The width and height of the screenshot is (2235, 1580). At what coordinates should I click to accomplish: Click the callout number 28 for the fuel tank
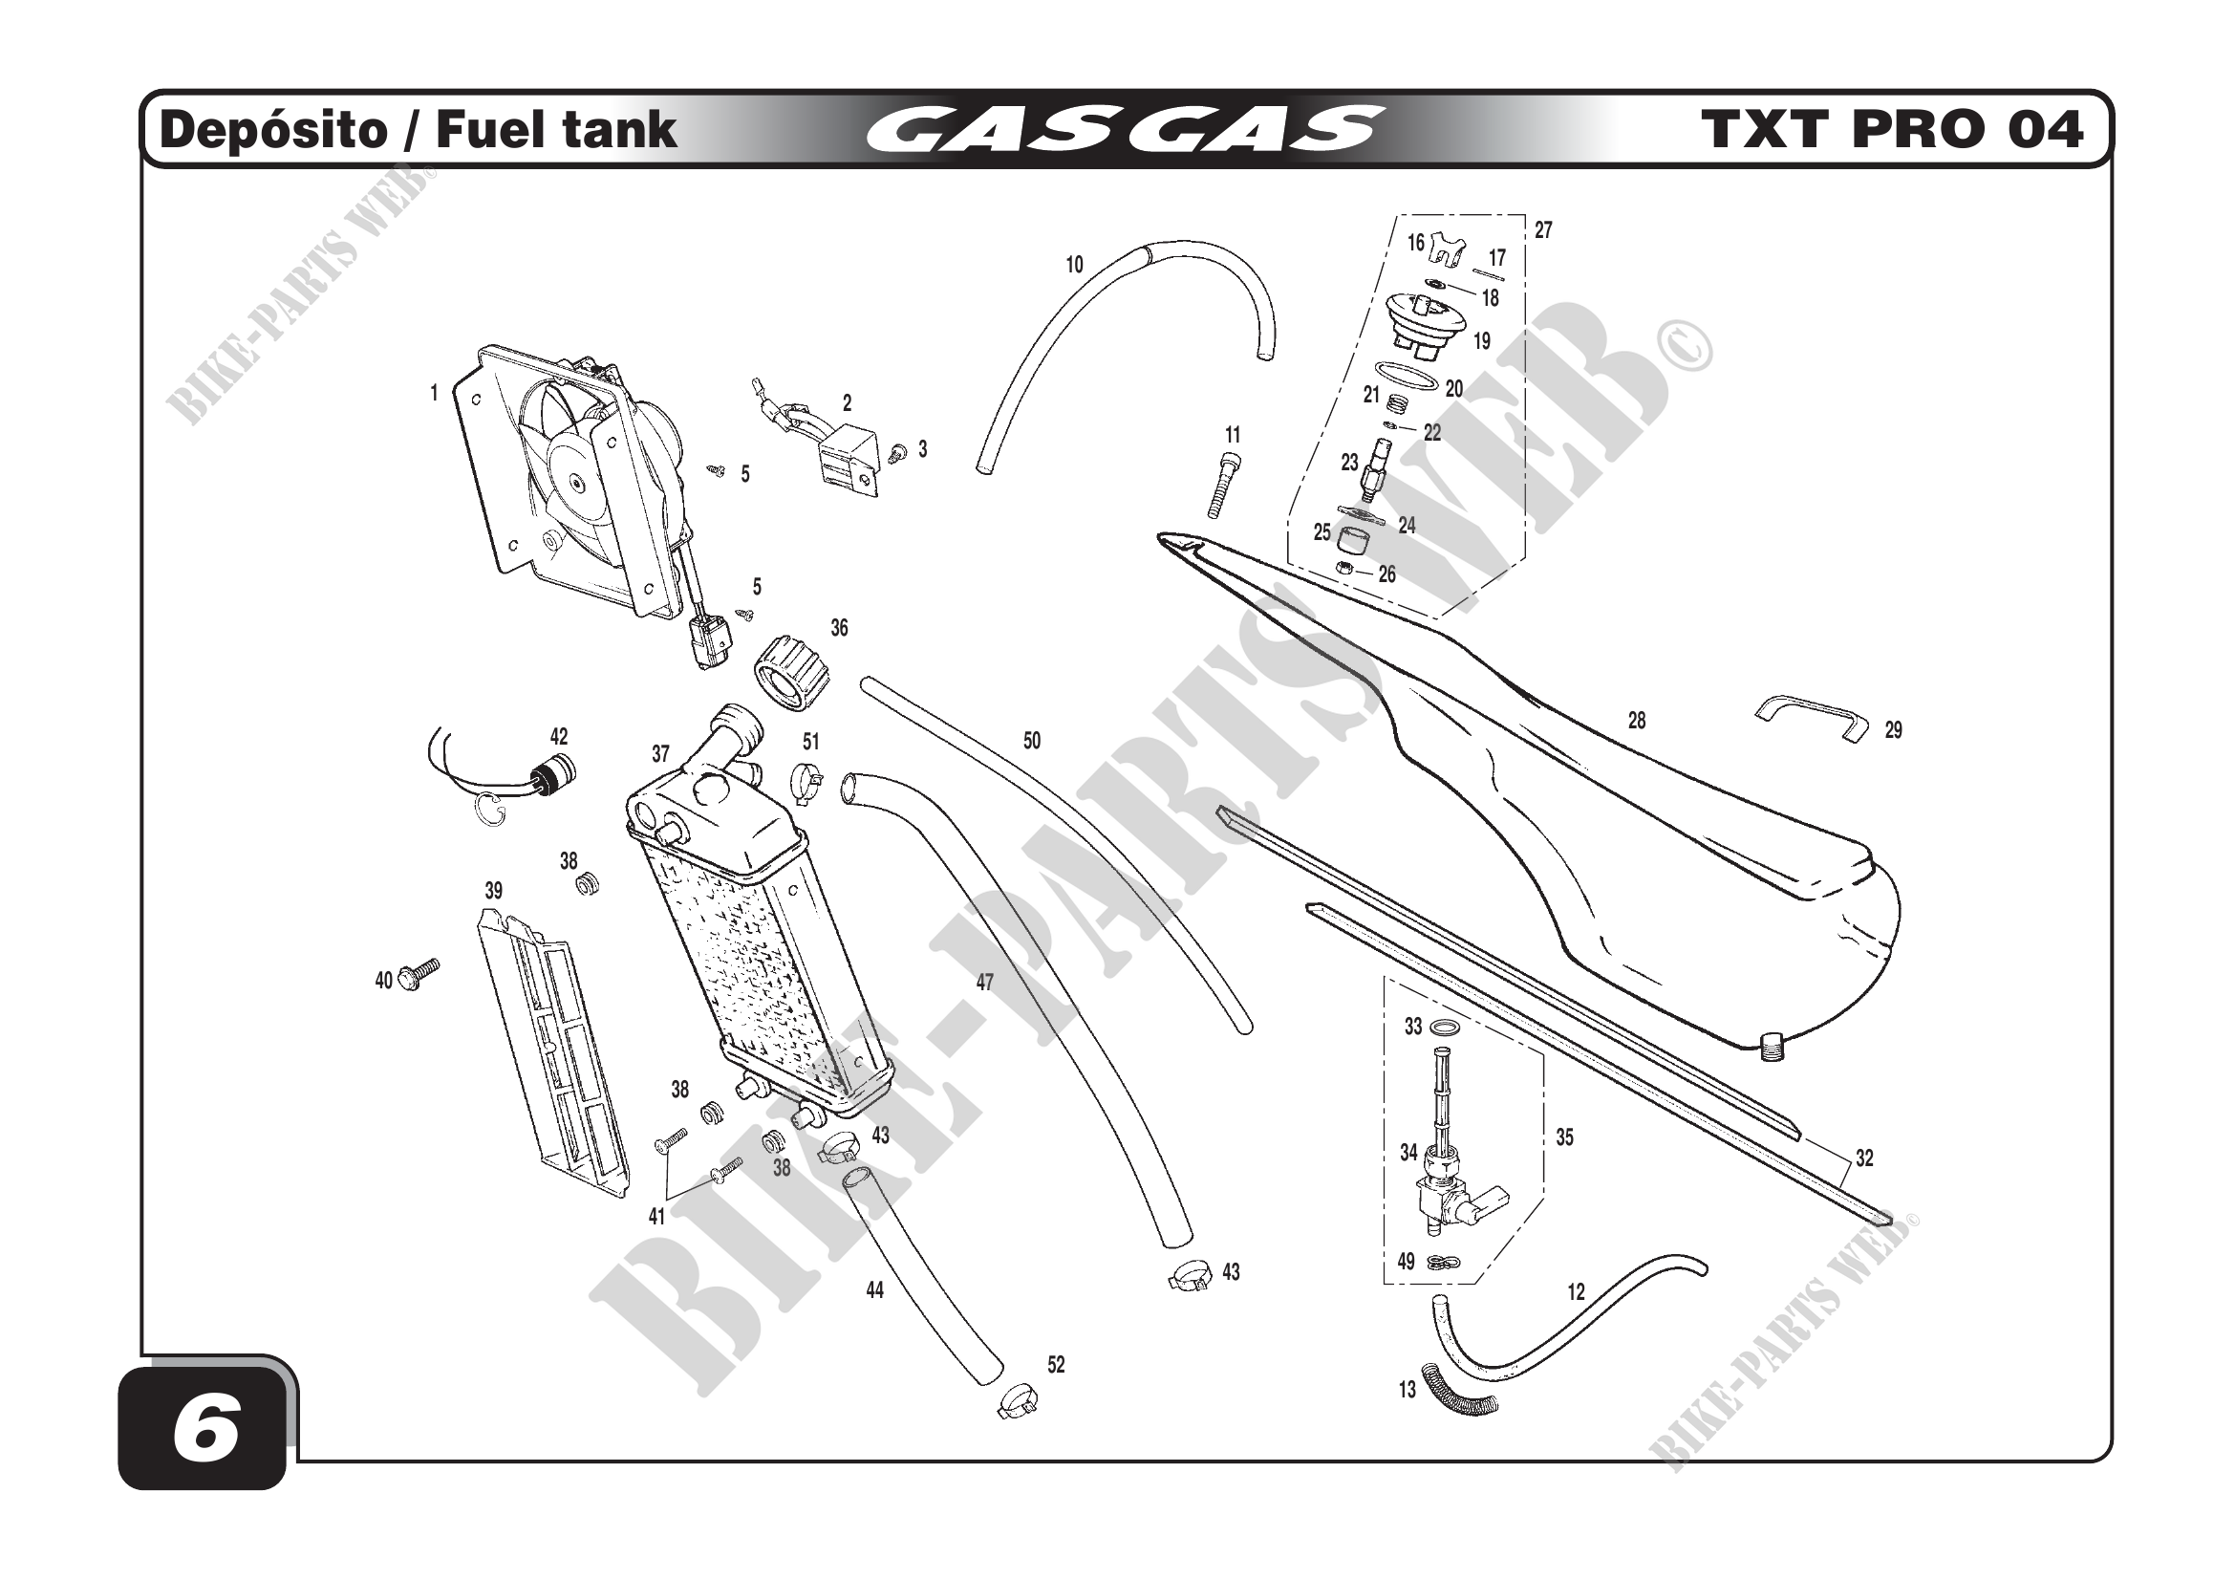[x=1636, y=721]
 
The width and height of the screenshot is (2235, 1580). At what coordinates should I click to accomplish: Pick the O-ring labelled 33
[x=1449, y=1028]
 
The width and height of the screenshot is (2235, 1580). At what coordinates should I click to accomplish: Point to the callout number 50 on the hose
[x=1032, y=741]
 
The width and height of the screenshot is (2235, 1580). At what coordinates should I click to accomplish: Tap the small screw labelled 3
[x=898, y=451]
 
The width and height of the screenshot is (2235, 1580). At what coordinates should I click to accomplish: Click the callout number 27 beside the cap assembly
[x=1543, y=230]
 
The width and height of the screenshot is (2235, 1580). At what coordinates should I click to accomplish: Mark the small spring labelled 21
[x=1397, y=401]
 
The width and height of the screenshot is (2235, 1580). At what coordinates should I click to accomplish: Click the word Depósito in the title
[x=273, y=130]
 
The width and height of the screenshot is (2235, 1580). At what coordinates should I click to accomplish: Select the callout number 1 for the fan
[x=434, y=393]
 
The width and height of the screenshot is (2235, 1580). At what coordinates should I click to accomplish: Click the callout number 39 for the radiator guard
[x=493, y=891]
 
